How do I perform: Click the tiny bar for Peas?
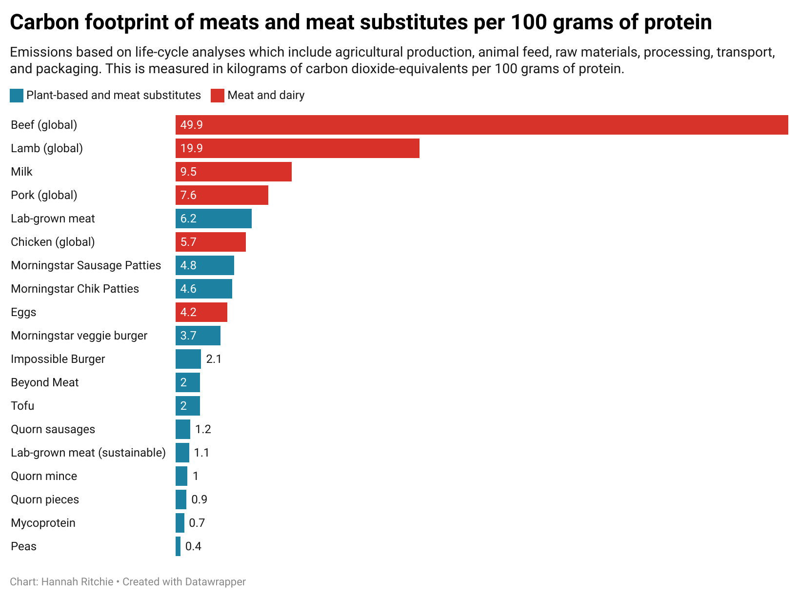click(178, 546)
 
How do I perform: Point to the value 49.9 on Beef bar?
click(191, 125)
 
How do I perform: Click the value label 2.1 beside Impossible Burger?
click(214, 359)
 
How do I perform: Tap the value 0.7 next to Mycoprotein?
click(197, 523)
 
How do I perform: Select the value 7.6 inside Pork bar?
click(188, 195)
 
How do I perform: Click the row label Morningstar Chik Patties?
click(75, 289)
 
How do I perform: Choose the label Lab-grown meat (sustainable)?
click(88, 453)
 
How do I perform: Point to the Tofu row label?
click(22, 406)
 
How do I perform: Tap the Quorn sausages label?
click(53, 429)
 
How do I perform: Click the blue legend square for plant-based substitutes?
click(17, 96)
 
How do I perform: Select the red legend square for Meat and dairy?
click(218, 96)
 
